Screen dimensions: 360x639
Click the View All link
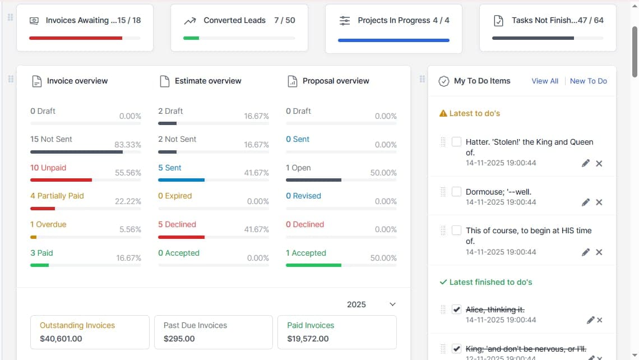545,81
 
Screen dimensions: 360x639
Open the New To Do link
588,81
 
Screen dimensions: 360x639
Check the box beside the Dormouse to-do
456,191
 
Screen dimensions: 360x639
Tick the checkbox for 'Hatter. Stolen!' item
456,142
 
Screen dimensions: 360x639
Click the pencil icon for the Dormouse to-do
586,202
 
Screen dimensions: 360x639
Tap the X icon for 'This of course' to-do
599,252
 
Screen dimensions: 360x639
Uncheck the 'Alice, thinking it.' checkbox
456,310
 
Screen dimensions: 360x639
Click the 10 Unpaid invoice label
48,168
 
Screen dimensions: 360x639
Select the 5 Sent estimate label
169,168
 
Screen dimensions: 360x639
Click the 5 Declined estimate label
177,224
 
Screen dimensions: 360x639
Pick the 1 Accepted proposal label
305,253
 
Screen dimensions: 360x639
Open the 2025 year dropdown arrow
392,304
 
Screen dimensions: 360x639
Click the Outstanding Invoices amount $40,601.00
61,339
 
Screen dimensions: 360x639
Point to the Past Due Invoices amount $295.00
179,339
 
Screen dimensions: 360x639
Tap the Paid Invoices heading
311,325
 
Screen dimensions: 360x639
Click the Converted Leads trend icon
190,21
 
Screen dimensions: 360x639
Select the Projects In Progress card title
394,20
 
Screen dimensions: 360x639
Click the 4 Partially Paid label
57,196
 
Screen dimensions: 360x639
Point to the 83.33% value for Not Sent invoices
128,145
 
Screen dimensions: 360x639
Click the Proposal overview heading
336,81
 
